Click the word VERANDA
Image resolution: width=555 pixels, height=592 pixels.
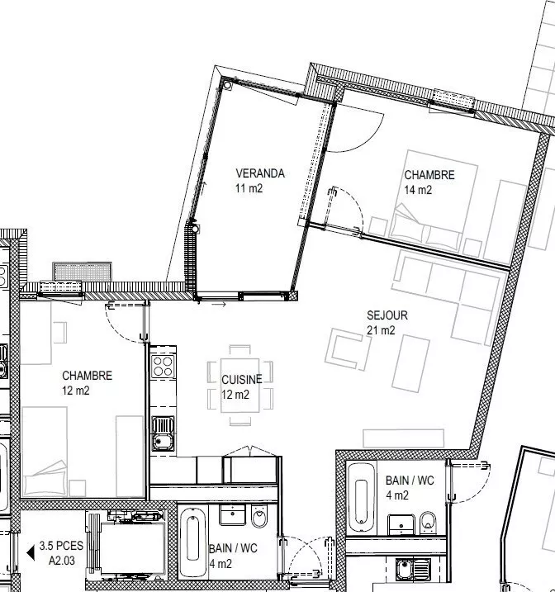click(260, 173)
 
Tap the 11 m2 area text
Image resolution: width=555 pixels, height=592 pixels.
click(249, 188)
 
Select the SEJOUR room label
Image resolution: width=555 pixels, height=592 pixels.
click(387, 315)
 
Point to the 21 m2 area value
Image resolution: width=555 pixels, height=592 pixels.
click(381, 331)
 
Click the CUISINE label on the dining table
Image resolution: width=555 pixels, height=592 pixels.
click(241, 379)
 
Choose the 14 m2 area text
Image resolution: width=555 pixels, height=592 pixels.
click(418, 190)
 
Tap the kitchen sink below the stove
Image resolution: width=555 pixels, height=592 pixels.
click(163, 431)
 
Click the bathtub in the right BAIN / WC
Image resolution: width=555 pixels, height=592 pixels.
click(360, 495)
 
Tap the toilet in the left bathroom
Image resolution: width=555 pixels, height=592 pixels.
click(259, 519)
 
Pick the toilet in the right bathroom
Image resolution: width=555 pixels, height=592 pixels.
click(428, 520)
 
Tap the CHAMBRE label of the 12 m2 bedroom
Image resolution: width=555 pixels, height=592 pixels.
click(87, 376)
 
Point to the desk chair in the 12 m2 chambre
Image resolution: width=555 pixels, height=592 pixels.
click(59, 332)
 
